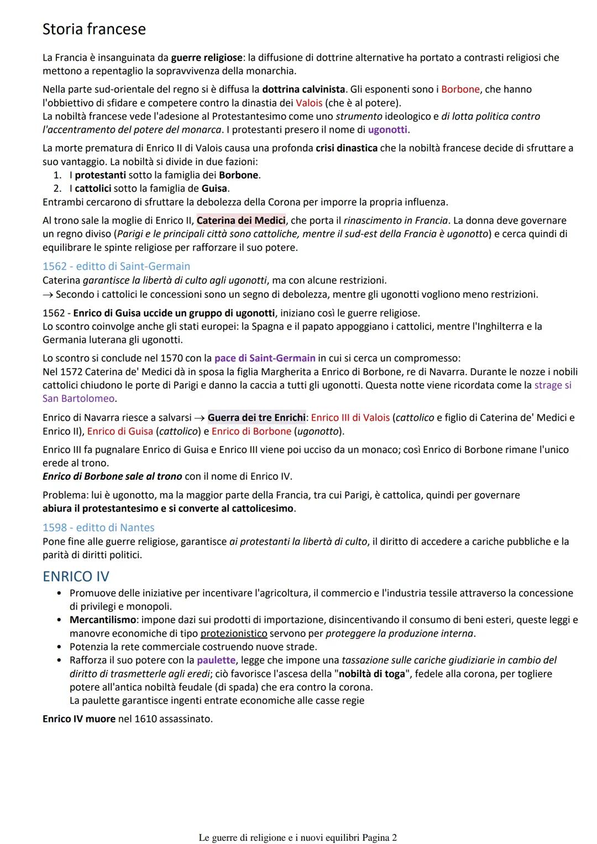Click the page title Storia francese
[94, 29]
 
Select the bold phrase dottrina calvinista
[303, 90]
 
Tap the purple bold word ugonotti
[387, 130]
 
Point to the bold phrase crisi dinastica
[347, 148]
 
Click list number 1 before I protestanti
[57, 175]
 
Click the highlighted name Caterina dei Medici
[241, 221]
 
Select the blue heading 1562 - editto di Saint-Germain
[116, 266]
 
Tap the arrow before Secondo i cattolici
[48, 294]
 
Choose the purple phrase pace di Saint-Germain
[265, 358]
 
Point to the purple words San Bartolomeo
[78, 399]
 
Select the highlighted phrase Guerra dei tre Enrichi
[256, 418]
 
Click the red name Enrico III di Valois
[350, 418]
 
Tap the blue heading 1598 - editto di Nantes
[98, 528]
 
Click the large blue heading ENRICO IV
[76, 576]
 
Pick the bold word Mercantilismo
[103, 620]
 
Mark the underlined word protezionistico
[234, 633]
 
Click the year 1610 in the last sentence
[145, 719]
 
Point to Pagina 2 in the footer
[379, 837]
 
